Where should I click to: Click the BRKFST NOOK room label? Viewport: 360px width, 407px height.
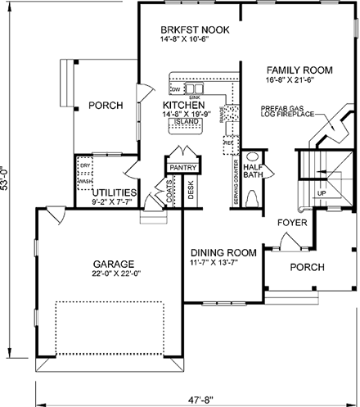(195, 30)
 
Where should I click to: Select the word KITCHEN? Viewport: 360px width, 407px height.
(183, 106)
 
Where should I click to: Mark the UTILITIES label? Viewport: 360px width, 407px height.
(112, 193)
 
